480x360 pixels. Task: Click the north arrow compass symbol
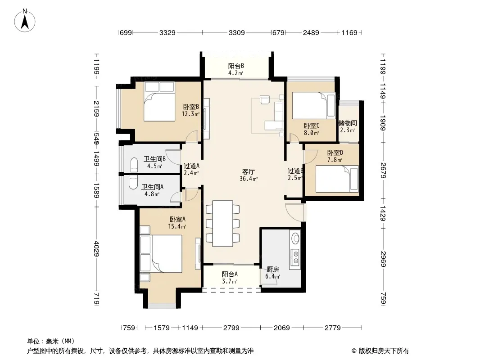[25, 21]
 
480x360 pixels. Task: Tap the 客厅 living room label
[248, 171]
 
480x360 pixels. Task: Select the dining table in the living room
[222, 224]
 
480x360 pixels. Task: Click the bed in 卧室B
[159, 101]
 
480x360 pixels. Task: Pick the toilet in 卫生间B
[134, 165]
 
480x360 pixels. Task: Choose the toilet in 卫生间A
[133, 182]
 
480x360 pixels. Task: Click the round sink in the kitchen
[295, 238]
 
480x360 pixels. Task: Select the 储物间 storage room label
[348, 123]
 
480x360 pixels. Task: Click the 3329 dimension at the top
[168, 32]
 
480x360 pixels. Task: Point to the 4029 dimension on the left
[97, 249]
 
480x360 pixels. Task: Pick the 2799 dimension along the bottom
[231, 328]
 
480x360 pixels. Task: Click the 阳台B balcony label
[235, 66]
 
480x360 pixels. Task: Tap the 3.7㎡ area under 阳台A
[230, 281]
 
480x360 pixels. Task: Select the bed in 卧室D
[337, 179]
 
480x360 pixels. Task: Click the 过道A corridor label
[191, 166]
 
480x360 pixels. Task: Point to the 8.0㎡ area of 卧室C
[311, 133]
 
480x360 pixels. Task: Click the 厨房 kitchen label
[273, 270]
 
